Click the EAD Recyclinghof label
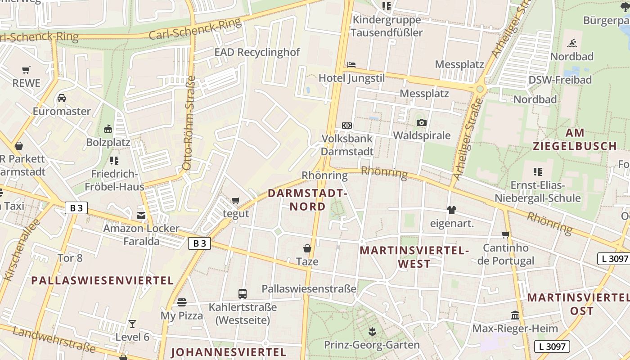(256, 52)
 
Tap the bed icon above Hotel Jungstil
(351, 65)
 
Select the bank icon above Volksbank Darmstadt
(347, 126)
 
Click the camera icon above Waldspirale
(421, 122)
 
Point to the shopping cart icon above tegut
(236, 200)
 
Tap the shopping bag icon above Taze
(307, 248)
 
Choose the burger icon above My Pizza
(182, 302)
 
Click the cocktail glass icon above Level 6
(132, 324)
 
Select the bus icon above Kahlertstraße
(243, 294)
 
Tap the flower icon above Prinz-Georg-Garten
(372, 332)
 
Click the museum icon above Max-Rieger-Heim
(515, 315)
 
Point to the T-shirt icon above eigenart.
(452, 210)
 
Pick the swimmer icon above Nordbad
(572, 43)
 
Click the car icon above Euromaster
(62, 98)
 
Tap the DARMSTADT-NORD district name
(308, 200)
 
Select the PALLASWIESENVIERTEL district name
(102, 280)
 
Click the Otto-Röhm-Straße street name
(189, 123)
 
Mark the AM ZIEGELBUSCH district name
(575, 139)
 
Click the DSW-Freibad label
(560, 80)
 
